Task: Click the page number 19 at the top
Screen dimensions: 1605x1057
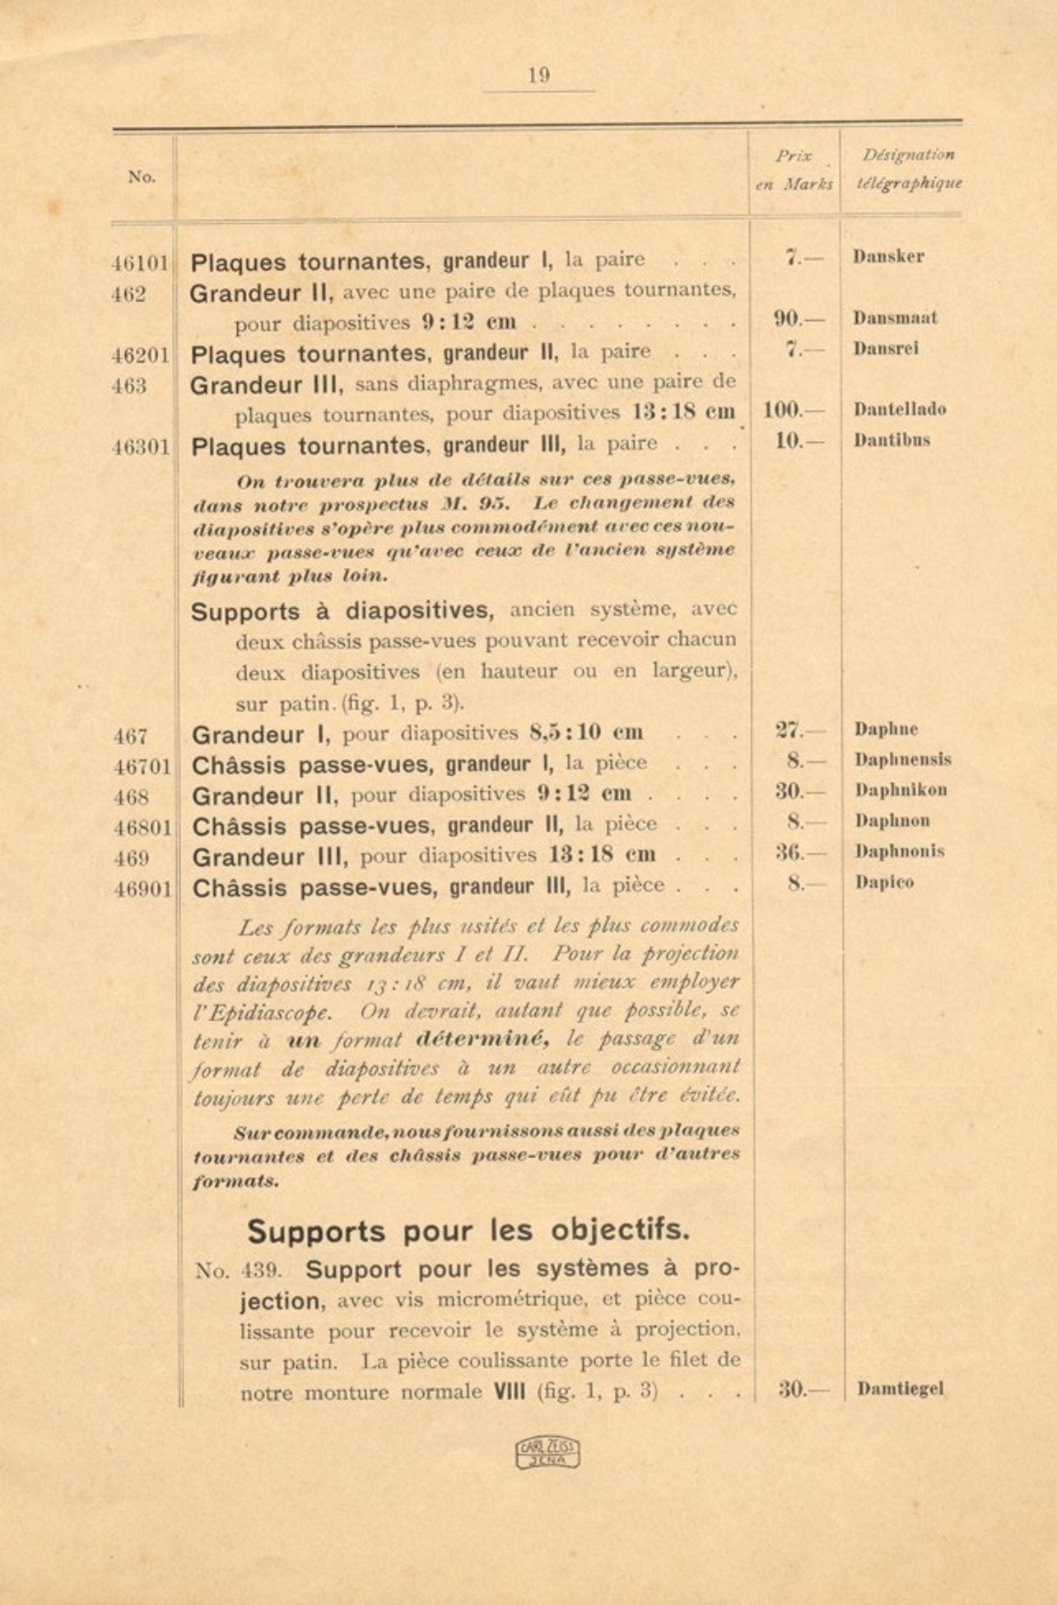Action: click(538, 76)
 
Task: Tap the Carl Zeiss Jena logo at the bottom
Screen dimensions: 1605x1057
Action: click(547, 1453)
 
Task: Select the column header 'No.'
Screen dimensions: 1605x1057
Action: click(142, 177)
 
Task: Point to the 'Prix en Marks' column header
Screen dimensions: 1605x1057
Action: click(794, 170)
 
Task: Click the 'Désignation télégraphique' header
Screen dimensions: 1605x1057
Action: click(908, 169)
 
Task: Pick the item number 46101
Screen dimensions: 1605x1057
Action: click(140, 263)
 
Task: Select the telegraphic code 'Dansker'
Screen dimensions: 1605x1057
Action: click(888, 257)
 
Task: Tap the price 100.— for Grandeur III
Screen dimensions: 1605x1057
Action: click(782, 410)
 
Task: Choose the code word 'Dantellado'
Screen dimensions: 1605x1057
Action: click(899, 410)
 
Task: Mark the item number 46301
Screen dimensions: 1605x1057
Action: click(141, 448)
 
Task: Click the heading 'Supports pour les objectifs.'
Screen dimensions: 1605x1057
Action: click(468, 1231)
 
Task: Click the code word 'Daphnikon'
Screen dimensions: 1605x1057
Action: click(901, 791)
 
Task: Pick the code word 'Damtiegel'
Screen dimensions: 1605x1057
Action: click(900, 1390)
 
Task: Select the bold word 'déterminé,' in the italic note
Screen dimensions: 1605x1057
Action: click(482, 1040)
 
